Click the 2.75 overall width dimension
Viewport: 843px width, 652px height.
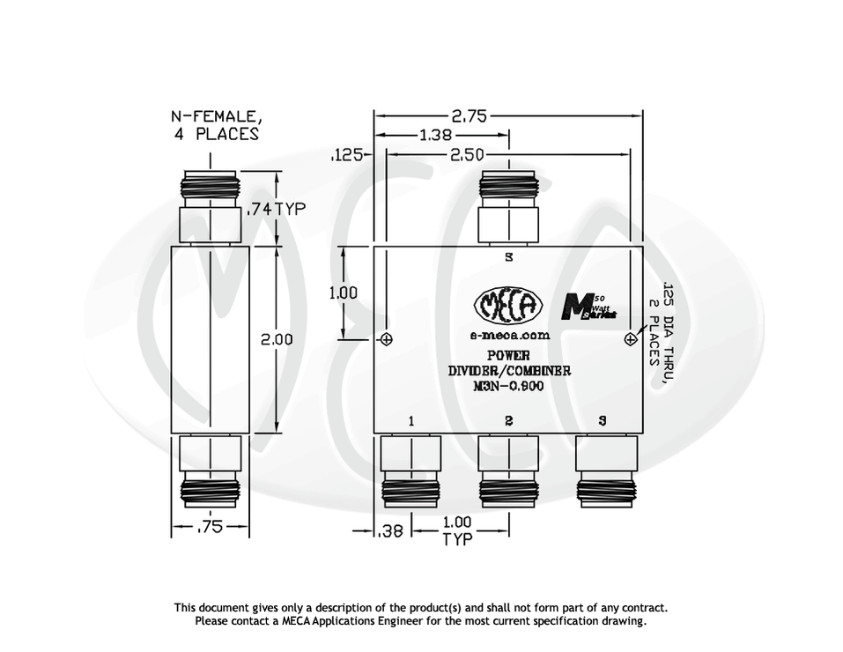point(470,115)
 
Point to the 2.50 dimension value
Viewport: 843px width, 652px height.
point(466,154)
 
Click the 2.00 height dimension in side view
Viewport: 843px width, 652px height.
point(277,338)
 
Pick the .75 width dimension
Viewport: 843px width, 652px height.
point(210,527)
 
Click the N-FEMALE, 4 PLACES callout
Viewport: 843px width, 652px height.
point(216,125)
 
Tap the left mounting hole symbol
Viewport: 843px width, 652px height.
point(386,339)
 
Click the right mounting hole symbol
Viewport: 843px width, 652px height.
point(630,339)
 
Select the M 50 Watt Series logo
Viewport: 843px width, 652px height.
point(589,307)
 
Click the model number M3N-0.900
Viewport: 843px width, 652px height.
point(508,386)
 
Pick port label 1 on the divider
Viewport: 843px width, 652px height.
point(410,421)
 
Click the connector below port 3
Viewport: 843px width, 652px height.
point(605,470)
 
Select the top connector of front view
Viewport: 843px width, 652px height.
point(508,207)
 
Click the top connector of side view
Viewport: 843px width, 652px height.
point(210,208)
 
